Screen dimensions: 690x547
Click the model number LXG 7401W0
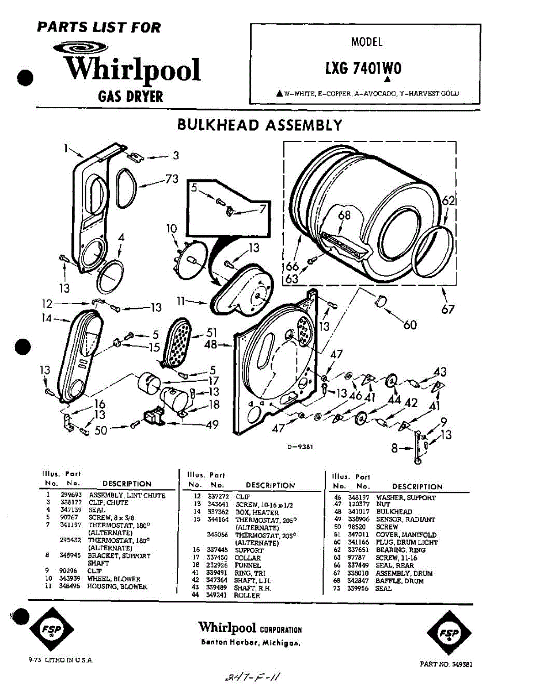(363, 68)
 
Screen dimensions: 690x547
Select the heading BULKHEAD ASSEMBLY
(260, 125)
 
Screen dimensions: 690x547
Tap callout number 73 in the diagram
(172, 179)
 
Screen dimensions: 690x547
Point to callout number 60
(410, 325)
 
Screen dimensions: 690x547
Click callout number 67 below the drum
(448, 309)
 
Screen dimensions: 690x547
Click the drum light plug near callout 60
(379, 300)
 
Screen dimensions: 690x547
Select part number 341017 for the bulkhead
(358, 511)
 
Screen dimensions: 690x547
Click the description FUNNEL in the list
(248, 565)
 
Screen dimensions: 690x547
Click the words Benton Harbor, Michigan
(250, 642)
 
